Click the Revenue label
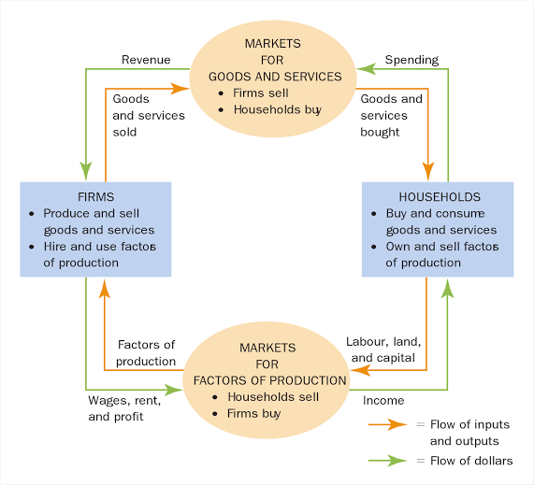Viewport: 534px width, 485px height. click(x=146, y=60)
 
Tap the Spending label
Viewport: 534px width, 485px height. click(x=411, y=60)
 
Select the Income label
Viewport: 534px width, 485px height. click(x=383, y=401)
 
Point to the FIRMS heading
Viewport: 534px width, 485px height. click(x=95, y=197)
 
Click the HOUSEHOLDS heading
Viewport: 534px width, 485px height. click(x=440, y=197)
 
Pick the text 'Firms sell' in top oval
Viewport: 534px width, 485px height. click(x=261, y=93)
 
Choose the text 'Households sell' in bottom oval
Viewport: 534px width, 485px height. click(x=273, y=397)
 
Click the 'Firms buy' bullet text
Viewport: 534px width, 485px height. click(x=254, y=414)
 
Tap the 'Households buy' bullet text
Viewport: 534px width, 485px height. click(x=278, y=110)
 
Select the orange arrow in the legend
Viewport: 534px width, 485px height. click(x=387, y=424)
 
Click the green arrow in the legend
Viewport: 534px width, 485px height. click(x=387, y=461)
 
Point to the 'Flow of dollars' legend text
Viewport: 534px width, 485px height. click(x=471, y=461)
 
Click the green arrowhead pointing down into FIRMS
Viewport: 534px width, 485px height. click(x=86, y=171)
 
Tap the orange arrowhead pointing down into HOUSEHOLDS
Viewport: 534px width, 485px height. click(x=428, y=171)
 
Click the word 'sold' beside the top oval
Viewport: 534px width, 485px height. click(x=124, y=132)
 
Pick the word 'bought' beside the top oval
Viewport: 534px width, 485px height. click(x=380, y=133)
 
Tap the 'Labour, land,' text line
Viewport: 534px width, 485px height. click(x=383, y=342)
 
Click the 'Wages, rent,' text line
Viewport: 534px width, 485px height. click(x=124, y=401)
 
